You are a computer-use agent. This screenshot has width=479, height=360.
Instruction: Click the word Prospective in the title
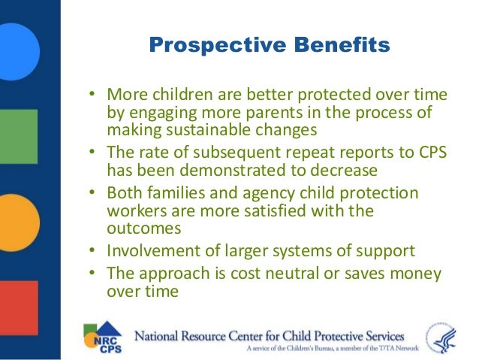pos(218,46)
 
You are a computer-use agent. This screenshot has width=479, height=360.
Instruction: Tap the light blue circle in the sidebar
pos(18,52)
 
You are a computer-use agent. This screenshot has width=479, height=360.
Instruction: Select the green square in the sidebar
pos(19,137)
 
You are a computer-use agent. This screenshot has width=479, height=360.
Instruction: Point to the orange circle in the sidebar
pos(18,222)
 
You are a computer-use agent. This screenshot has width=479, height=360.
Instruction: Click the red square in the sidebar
pos(19,307)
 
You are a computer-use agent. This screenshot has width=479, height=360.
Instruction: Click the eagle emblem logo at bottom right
pos(441,337)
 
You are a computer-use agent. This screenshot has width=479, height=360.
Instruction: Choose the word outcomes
pos(144,228)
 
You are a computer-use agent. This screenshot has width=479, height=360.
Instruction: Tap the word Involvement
pos(153,250)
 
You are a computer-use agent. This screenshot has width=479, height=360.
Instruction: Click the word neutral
pos(292,273)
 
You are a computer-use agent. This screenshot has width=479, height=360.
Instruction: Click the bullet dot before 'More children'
pos(92,93)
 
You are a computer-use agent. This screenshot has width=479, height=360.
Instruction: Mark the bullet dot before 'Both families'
pos(92,192)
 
